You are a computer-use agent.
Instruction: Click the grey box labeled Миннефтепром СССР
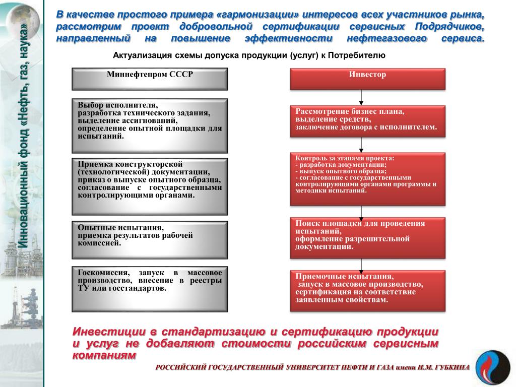[x=150, y=79]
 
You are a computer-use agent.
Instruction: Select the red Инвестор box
[x=368, y=79]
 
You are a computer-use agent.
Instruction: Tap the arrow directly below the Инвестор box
[x=361, y=98]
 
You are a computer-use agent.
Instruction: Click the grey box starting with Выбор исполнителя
[x=150, y=125]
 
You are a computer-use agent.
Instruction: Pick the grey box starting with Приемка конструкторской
[x=150, y=186]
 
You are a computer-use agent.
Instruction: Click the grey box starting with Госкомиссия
[x=150, y=289]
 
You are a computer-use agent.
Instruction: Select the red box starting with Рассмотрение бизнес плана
[x=368, y=121]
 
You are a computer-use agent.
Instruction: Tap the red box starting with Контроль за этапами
[x=368, y=179]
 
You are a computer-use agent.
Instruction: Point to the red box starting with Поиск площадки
[x=368, y=238]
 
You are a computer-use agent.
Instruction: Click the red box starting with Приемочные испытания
[x=368, y=291]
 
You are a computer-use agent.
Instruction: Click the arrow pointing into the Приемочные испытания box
[x=361, y=265]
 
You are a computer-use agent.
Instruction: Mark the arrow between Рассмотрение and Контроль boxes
[x=361, y=145]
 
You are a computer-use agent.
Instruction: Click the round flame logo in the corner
[x=493, y=367]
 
